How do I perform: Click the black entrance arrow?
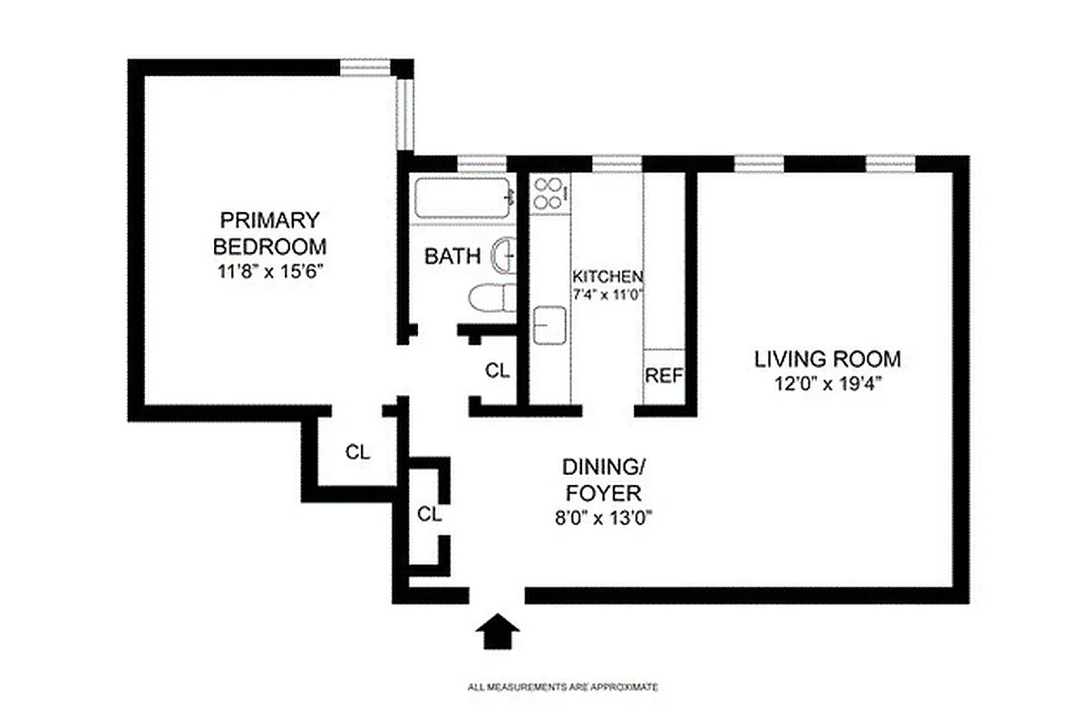point(497,631)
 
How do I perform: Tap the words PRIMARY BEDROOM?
point(268,233)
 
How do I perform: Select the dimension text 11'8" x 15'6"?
point(268,269)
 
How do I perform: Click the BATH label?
point(452,256)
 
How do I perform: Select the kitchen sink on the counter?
point(549,325)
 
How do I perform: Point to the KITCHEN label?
point(607,276)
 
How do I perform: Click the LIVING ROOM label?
point(828,359)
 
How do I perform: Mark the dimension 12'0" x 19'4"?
point(828,383)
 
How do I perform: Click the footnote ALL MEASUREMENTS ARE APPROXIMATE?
point(562,688)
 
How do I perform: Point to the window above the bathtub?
point(481,163)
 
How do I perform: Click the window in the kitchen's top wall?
point(617,163)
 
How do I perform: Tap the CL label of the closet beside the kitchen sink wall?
point(498,371)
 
